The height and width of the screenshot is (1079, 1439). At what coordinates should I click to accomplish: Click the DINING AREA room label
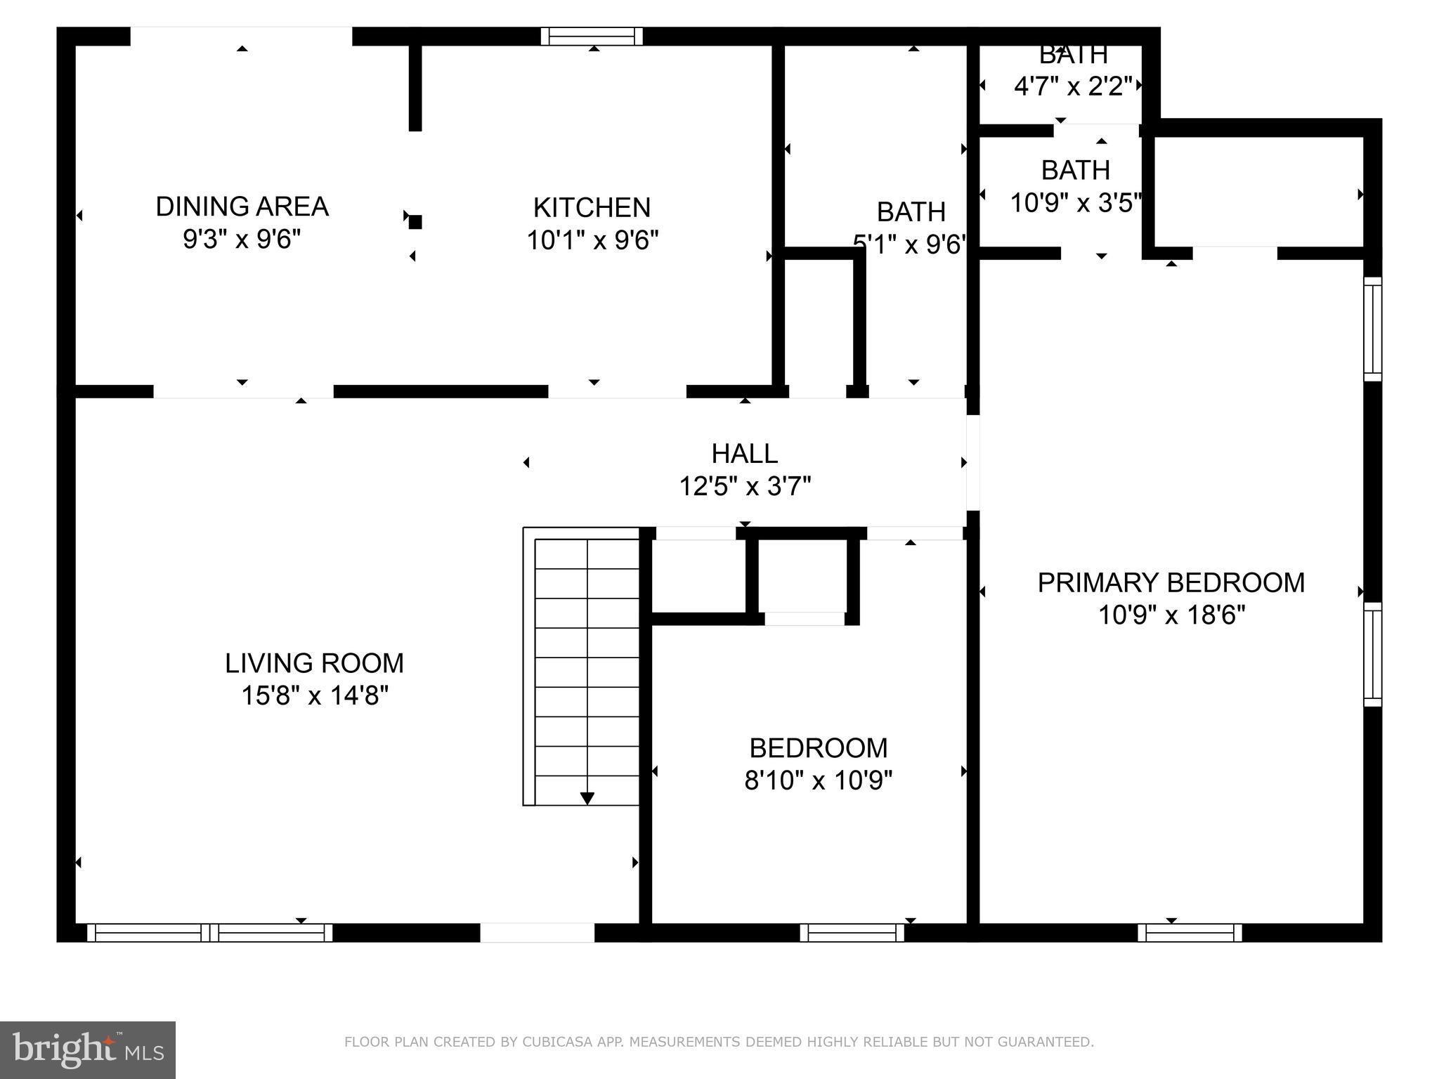242,207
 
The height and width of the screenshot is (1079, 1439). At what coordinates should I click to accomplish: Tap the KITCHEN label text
592,208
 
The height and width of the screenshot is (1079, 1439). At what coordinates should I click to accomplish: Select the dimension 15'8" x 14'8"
315,696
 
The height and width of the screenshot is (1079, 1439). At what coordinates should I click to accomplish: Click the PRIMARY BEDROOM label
1171,583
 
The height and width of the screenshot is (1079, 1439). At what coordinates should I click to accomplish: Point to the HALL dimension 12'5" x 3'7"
745,486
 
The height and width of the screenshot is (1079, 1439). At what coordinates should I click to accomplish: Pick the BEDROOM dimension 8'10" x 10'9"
818,780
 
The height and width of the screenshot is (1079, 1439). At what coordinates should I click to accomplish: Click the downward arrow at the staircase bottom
587,799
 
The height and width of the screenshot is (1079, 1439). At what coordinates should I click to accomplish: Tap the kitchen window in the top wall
592,37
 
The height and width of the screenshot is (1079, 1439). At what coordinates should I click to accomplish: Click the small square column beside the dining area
415,222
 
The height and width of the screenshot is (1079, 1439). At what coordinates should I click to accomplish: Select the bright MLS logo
88,1050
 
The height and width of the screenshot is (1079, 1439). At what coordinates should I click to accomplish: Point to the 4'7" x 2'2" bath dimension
1073,86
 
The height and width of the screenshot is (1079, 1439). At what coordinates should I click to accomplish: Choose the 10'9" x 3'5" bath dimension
1075,203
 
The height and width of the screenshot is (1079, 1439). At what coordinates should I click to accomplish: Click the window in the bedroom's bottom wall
852,933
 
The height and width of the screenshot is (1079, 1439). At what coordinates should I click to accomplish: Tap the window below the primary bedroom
1190,933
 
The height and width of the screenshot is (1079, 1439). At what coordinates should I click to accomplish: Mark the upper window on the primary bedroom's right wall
1372,329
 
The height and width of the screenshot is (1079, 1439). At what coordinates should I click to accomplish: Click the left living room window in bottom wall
148,933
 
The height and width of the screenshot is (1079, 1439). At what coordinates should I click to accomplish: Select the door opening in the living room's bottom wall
538,933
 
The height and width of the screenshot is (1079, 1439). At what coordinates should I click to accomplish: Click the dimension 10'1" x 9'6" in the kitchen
592,241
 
